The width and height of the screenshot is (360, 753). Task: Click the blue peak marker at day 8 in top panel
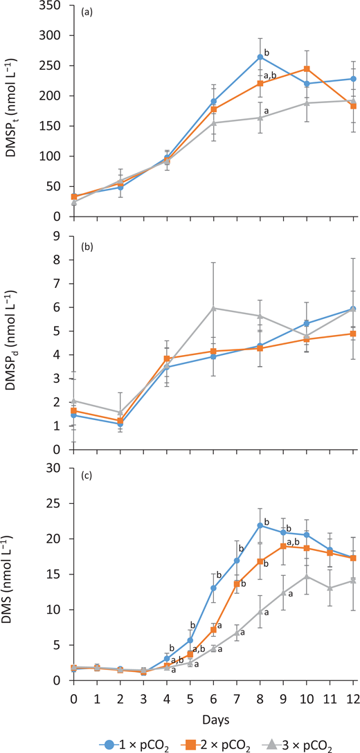tap(260, 57)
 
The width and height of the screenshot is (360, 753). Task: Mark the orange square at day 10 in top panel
tap(307, 69)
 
